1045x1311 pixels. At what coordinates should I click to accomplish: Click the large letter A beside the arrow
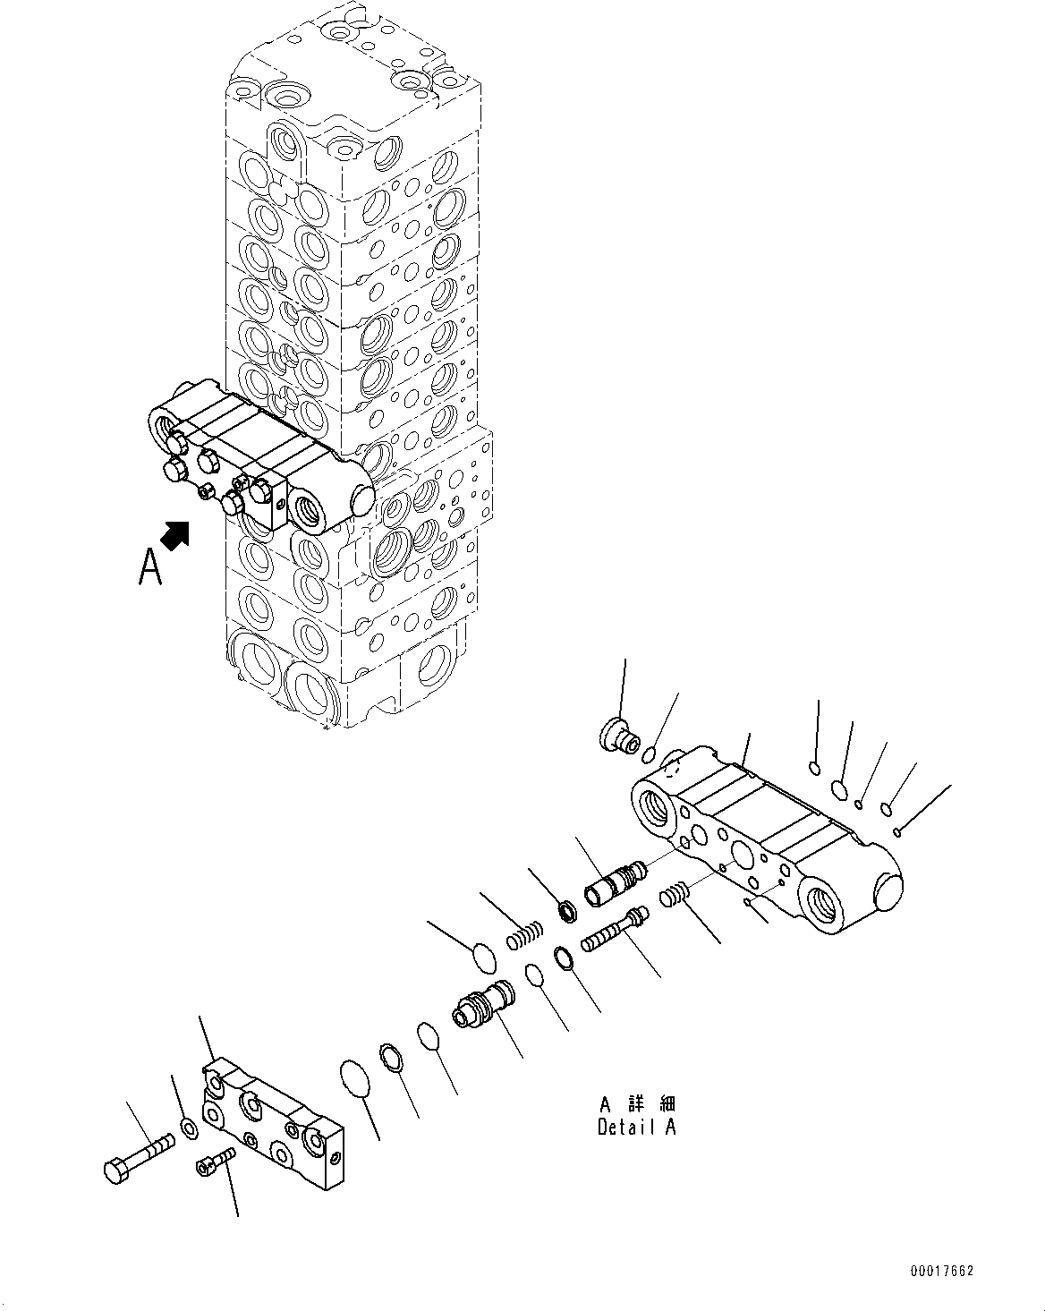pyautogui.click(x=150, y=567)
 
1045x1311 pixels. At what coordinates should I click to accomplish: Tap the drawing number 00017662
pyautogui.click(x=942, y=1271)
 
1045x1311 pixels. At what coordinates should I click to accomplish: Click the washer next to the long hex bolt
pyautogui.click(x=190, y=1130)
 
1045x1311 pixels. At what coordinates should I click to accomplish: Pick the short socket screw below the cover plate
pyautogui.click(x=213, y=1162)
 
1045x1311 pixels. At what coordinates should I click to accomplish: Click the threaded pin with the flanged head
pyautogui.click(x=613, y=930)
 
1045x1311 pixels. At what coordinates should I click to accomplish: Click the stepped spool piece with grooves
pyautogui.click(x=482, y=1004)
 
